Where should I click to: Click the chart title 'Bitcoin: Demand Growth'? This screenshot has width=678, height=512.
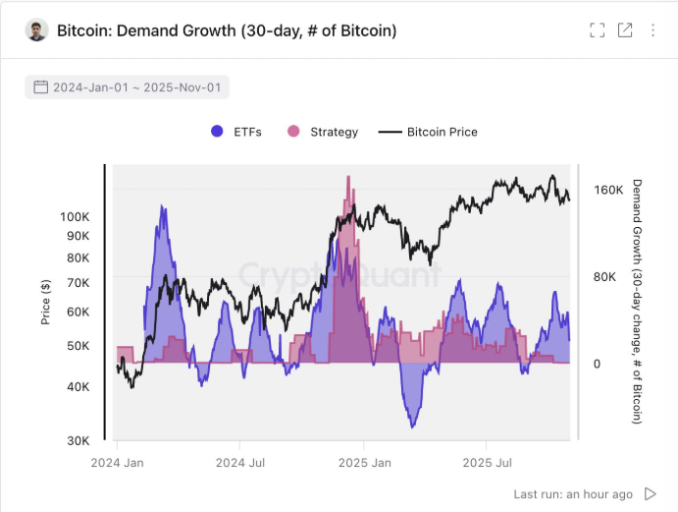[227, 30]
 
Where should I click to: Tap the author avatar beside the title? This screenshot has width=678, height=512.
[37, 30]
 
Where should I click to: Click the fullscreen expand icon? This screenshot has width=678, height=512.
[597, 30]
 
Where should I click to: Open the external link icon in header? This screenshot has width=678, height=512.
[625, 30]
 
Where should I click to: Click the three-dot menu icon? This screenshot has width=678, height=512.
[653, 30]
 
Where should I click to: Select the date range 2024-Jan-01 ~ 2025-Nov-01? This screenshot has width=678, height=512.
[128, 87]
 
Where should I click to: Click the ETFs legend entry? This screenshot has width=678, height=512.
[236, 132]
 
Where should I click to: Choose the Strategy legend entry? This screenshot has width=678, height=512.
[323, 132]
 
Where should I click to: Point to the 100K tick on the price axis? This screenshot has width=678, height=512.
[75, 216]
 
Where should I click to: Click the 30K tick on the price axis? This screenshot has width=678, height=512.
[78, 440]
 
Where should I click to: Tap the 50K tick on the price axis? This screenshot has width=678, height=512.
[78, 346]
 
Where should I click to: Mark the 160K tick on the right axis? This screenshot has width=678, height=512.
[607, 190]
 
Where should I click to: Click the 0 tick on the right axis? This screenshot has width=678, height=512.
[598, 364]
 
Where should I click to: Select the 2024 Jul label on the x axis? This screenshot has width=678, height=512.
[241, 462]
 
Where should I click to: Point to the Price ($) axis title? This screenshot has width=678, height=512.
[46, 302]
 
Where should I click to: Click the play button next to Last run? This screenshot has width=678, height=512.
[651, 493]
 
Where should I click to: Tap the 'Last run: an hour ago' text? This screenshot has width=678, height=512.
[573, 493]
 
